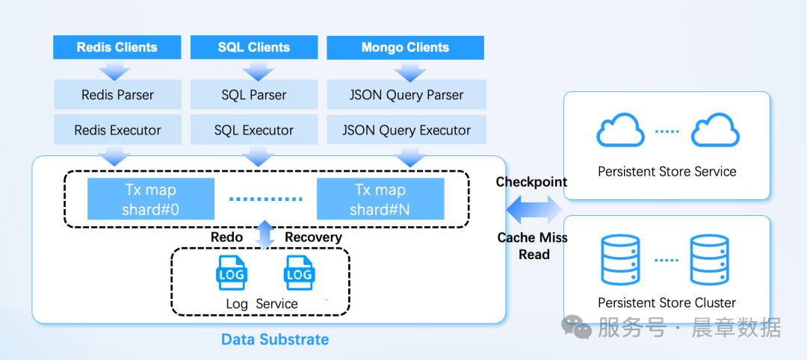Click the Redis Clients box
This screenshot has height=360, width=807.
(x=117, y=47)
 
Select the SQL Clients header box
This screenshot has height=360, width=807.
(x=254, y=47)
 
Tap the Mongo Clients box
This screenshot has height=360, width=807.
(x=405, y=47)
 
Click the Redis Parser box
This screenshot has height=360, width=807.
(x=117, y=95)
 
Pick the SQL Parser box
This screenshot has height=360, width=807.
(x=254, y=95)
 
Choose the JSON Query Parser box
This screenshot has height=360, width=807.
(x=406, y=95)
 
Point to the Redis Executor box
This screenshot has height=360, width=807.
(x=117, y=130)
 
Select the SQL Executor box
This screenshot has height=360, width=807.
(x=254, y=130)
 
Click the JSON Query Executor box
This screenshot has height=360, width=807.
(x=406, y=130)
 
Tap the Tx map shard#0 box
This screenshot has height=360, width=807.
(x=151, y=199)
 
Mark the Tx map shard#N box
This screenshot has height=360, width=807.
(x=380, y=199)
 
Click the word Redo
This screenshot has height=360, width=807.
(x=226, y=237)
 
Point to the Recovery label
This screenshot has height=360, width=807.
(x=313, y=237)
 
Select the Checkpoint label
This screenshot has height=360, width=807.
(x=531, y=182)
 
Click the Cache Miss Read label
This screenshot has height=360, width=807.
(x=533, y=246)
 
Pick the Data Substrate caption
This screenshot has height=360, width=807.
(x=275, y=339)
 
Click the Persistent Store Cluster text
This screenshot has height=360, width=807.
(x=667, y=302)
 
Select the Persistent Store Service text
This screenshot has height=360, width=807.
(x=667, y=172)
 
